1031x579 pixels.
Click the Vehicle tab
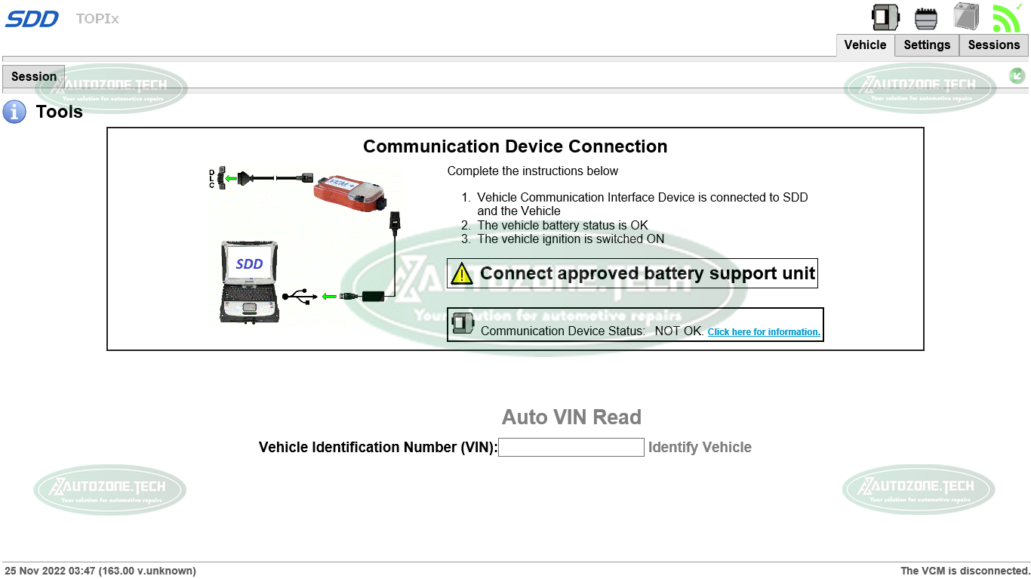pos(865,45)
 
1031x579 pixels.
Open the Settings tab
pos(927,45)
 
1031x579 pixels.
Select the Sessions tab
pos(993,45)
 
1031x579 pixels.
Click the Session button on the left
pos(34,77)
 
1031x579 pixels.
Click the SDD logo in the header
pos(32,19)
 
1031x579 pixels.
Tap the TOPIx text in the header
pos(97,19)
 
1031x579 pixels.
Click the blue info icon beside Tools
pos(14,112)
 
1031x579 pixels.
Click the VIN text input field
pos(571,448)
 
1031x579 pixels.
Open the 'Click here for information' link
pos(764,332)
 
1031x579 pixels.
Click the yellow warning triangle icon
pos(461,274)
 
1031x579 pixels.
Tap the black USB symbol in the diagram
pos(300,296)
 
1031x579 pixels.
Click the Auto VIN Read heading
pos(571,417)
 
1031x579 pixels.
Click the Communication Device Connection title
pos(515,146)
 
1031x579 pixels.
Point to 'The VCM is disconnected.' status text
pos(965,571)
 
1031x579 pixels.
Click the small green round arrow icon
pos(1017,75)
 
